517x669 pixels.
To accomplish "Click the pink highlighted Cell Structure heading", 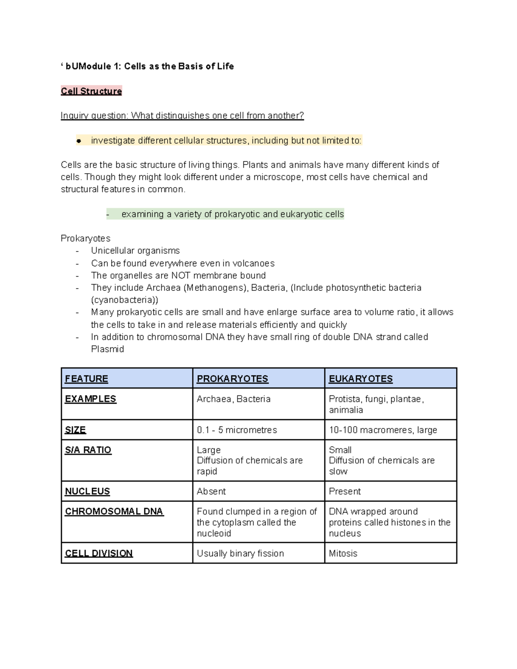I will pyautogui.click(x=91, y=91).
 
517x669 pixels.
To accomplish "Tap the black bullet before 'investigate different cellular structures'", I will pyautogui.click(x=79, y=141).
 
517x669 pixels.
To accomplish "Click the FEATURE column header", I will pyautogui.click(x=86, y=379).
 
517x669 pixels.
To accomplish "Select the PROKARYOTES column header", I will pyautogui.click(x=232, y=379).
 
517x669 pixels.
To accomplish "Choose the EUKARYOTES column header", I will pyautogui.click(x=361, y=379).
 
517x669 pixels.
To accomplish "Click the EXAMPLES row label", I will pyautogui.click(x=90, y=399).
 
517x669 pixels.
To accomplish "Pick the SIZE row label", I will pyautogui.click(x=75, y=430).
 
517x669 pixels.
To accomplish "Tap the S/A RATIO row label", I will pyautogui.click(x=88, y=450).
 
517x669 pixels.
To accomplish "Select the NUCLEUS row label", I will pyautogui.click(x=87, y=491).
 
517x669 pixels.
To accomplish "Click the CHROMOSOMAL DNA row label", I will pyautogui.click(x=114, y=511).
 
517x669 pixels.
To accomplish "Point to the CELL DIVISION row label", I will pyautogui.click(x=99, y=553).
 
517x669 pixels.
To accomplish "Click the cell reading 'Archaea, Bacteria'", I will pyautogui.click(x=234, y=399).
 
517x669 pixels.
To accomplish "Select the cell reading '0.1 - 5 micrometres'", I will pyautogui.click(x=237, y=430).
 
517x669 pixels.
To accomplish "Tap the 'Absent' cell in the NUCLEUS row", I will pyautogui.click(x=211, y=491).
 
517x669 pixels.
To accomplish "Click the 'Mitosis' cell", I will pyautogui.click(x=343, y=553).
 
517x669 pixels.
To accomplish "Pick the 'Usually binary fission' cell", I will pyautogui.click(x=240, y=553).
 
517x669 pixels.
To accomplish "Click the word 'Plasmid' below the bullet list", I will pyautogui.click(x=107, y=349).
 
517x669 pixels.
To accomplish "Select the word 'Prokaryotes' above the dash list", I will pyautogui.click(x=85, y=238).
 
